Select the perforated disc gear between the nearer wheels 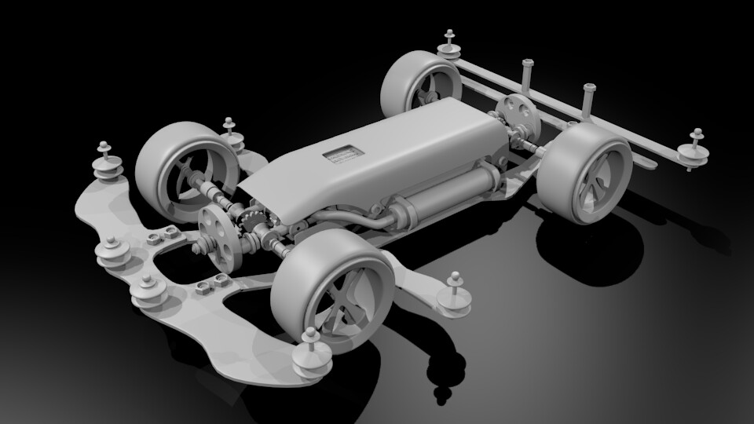(x=218, y=239)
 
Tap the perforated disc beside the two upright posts (x=518, y=114)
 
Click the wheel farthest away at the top (x=420, y=84)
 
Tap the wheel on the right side (x=585, y=173)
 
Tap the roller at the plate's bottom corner (x=309, y=356)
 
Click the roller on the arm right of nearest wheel (x=455, y=296)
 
